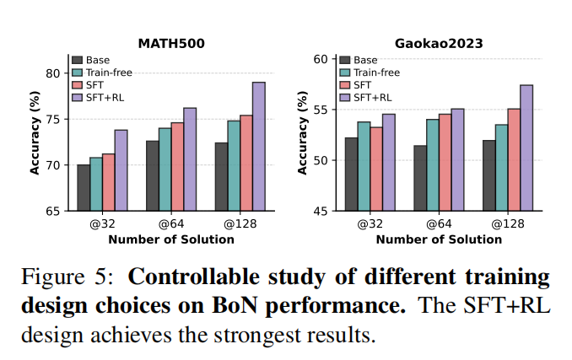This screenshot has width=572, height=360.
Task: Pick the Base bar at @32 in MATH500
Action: (x=84, y=187)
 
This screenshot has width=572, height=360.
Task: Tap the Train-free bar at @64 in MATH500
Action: (x=165, y=169)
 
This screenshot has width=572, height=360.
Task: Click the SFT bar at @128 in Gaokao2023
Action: (x=513, y=159)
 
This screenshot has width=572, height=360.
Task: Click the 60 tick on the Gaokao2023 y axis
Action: (x=319, y=59)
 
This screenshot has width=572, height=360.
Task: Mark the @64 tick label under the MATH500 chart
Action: (x=170, y=225)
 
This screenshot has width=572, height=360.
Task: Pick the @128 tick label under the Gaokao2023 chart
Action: (x=507, y=225)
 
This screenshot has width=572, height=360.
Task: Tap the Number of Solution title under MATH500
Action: (x=170, y=239)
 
